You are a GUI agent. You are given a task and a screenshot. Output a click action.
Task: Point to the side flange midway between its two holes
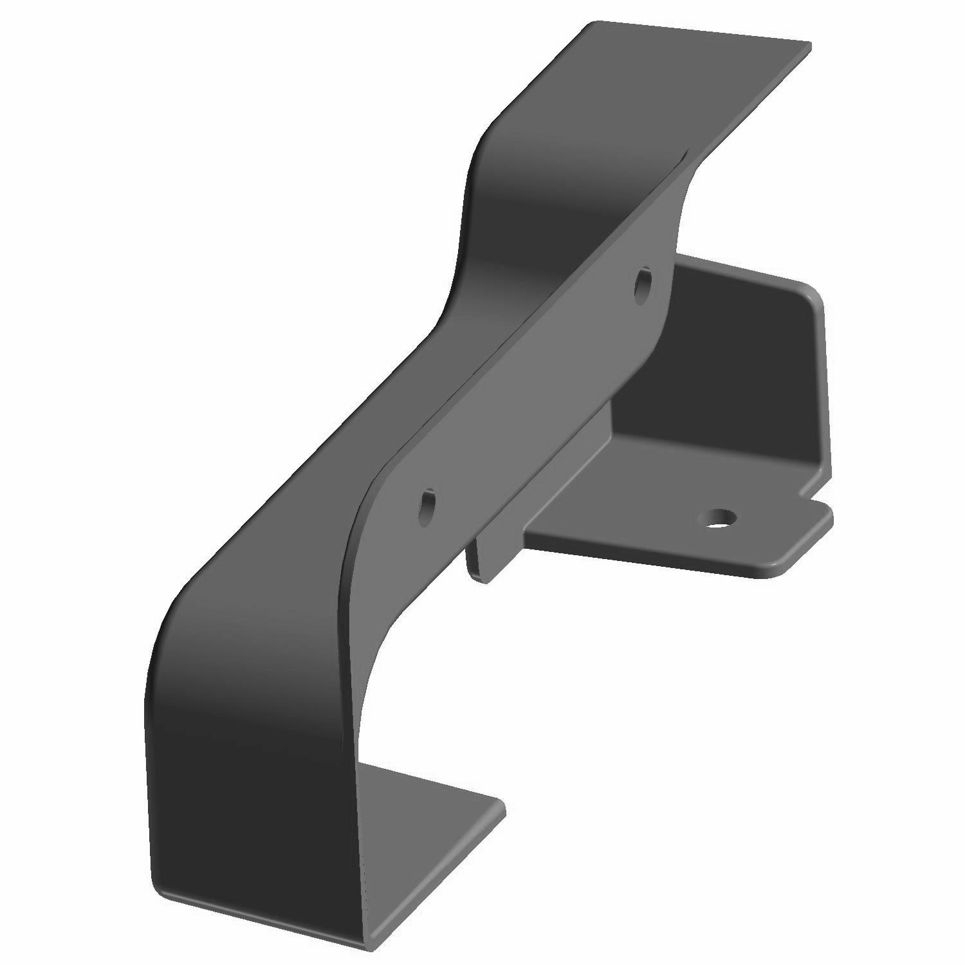(534, 392)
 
